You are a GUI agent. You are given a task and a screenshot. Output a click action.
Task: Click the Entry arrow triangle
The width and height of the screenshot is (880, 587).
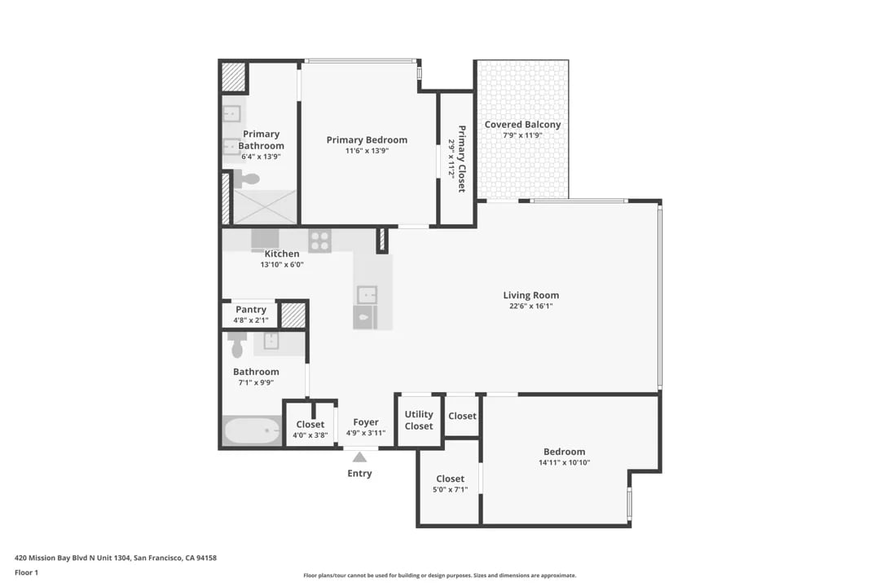click(360, 457)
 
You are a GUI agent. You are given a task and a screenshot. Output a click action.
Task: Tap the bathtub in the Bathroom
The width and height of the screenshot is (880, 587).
click(252, 430)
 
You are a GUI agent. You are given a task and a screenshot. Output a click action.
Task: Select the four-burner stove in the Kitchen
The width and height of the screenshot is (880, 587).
click(320, 241)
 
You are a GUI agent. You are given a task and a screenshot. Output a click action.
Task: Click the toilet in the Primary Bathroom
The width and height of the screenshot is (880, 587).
click(246, 179)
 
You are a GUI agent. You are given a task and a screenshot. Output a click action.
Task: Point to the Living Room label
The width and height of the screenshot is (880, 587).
click(531, 295)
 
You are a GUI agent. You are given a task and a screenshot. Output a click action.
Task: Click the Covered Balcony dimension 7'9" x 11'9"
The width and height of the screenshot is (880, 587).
click(522, 135)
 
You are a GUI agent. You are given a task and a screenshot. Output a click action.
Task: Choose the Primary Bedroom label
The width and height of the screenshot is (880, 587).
click(367, 140)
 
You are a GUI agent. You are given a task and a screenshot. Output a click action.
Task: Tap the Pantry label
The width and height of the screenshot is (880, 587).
click(251, 310)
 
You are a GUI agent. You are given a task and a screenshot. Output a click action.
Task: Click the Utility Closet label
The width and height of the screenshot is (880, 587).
click(419, 420)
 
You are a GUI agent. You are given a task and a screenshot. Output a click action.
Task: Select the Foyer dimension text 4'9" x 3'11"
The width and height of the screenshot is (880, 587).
click(366, 433)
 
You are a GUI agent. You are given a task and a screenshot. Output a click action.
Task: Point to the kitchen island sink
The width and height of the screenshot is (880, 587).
click(367, 294)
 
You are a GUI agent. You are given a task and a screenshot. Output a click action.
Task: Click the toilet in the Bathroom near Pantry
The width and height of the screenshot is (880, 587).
click(237, 345)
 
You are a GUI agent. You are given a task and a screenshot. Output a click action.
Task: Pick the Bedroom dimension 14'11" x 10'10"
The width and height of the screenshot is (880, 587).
click(565, 463)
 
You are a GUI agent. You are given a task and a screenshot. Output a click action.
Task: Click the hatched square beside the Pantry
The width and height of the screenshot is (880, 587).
click(293, 316)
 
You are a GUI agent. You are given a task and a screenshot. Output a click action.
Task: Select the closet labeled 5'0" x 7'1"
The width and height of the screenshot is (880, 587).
click(450, 483)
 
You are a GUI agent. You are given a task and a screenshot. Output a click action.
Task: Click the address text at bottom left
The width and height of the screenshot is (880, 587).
click(116, 558)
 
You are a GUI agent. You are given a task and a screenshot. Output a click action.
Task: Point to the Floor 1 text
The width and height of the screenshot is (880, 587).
click(26, 572)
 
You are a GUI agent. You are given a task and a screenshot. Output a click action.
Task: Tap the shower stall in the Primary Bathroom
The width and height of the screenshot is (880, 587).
click(264, 207)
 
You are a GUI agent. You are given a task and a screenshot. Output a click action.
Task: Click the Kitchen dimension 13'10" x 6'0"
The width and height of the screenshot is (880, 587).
click(282, 265)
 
